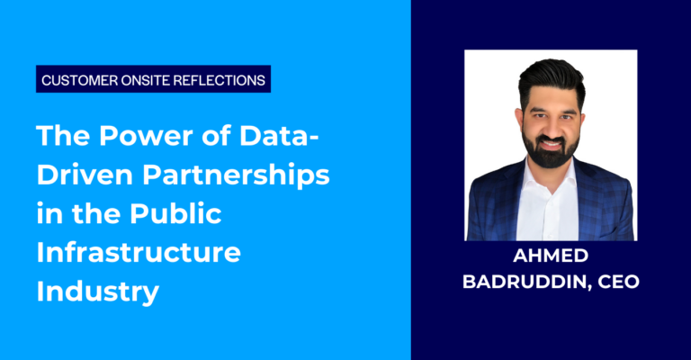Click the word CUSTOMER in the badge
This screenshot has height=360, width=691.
(76, 80)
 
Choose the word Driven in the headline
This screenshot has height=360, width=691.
(79, 177)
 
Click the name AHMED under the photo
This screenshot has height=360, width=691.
(550, 258)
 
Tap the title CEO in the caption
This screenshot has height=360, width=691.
(619, 281)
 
